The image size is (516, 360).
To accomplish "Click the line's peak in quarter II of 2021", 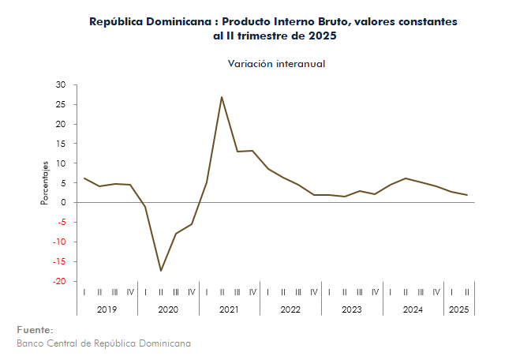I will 222,97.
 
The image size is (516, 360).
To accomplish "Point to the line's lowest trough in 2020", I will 161,271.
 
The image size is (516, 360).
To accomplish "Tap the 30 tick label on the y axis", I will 62,84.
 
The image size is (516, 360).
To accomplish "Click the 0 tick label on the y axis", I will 64,203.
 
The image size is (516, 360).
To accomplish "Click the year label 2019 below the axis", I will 107,309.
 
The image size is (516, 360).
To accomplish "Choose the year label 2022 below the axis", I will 290,309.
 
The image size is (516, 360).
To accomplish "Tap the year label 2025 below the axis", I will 458,309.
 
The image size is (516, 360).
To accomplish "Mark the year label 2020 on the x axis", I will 168,309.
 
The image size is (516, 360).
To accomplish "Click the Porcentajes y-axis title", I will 45,182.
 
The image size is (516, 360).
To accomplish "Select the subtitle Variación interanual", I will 276,63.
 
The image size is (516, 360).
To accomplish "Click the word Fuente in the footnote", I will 35,329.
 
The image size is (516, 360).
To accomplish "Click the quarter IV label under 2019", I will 130,292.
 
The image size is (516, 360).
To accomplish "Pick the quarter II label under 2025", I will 466,292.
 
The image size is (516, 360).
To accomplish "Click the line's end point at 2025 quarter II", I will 466,195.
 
